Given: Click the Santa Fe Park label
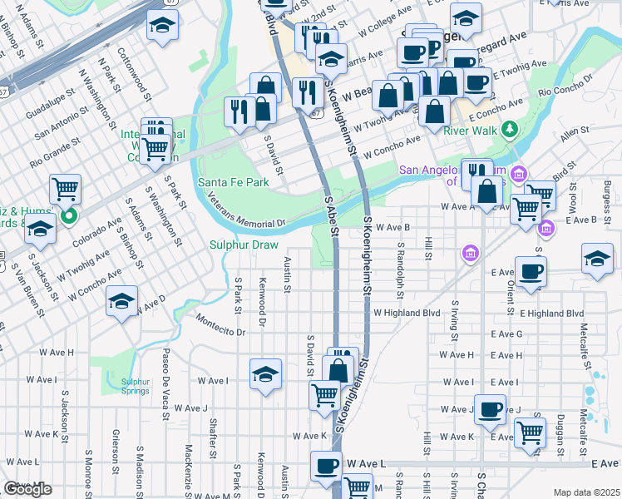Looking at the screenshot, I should click(x=233, y=182).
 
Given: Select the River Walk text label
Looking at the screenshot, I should click(x=470, y=131).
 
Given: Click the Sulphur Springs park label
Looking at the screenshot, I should click(x=136, y=387).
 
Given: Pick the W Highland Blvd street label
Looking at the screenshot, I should click(x=406, y=313).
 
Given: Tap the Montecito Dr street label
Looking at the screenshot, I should click(x=222, y=325).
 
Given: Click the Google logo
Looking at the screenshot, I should click(x=27, y=489).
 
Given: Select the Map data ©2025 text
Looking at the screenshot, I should click(x=586, y=492).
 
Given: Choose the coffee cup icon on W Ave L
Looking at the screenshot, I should click(x=326, y=466).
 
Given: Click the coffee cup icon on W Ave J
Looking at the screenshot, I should click(x=489, y=409).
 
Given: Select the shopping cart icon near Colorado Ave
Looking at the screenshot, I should click(x=65, y=189).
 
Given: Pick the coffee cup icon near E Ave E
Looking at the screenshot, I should click(x=531, y=270).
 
